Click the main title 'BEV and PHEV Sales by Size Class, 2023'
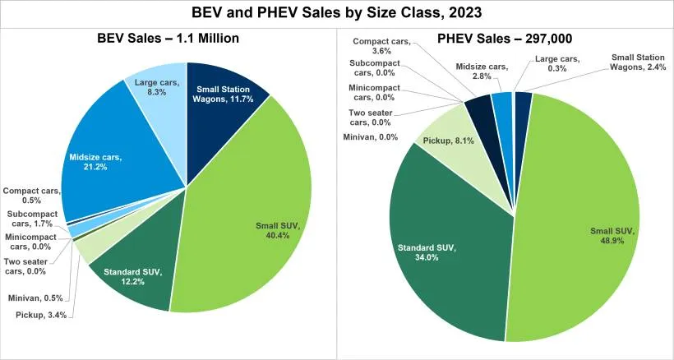click(337, 13)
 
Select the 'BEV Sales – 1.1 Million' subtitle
click(168, 38)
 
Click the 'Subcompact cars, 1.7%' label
click(31, 218)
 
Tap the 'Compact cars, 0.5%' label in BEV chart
click(31, 196)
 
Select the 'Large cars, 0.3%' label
click(556, 64)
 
